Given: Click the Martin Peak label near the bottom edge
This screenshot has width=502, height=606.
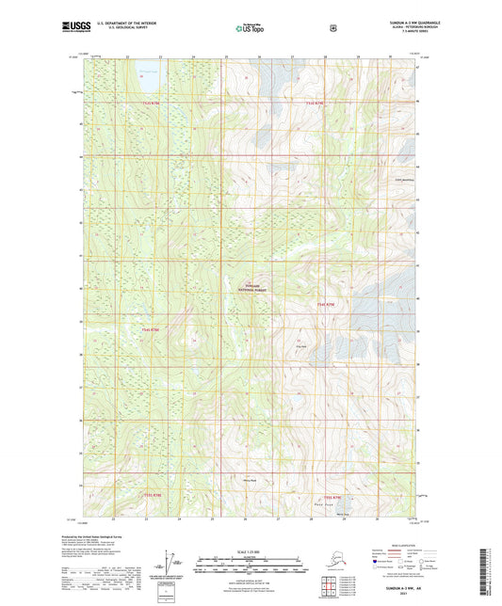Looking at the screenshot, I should pos(341,513).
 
